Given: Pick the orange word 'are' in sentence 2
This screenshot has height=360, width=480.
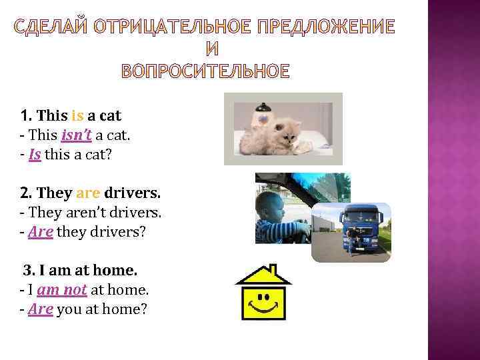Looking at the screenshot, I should (87, 193).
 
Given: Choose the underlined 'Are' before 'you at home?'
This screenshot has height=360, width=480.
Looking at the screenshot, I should (41, 310).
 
